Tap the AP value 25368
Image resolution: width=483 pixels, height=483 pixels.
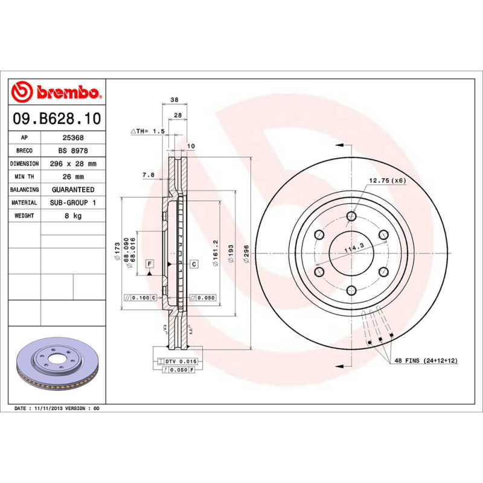[x=73, y=138]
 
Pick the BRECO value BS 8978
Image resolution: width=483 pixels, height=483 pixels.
[x=73, y=150]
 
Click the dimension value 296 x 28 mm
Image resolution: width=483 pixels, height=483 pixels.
[x=73, y=164]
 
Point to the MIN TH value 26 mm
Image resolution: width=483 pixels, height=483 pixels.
[x=73, y=177]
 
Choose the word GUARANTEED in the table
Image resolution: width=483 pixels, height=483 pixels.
[x=73, y=190]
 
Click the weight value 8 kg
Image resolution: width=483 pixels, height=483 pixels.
[x=73, y=216]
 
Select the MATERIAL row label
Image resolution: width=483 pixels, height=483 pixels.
[x=25, y=203]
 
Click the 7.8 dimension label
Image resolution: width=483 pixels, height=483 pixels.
[x=148, y=175]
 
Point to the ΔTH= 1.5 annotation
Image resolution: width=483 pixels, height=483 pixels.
[x=148, y=131]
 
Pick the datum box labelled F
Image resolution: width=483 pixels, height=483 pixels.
[x=149, y=264]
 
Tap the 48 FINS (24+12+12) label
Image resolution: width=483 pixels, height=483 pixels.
[x=426, y=360]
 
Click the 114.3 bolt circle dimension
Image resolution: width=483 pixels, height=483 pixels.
[x=353, y=247]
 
